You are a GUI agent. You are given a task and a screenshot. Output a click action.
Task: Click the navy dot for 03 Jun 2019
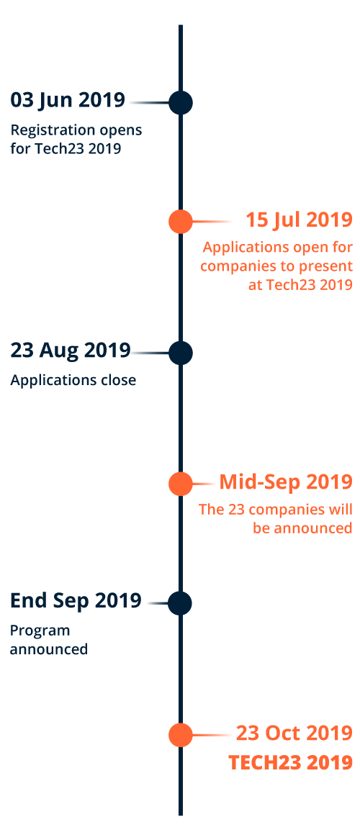pos(181,102)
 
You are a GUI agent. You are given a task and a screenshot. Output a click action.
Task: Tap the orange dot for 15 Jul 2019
pos(181,221)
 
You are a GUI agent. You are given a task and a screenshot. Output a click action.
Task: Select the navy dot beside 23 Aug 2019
pos(181,353)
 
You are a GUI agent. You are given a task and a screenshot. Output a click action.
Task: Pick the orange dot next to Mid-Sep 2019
pos(181,484)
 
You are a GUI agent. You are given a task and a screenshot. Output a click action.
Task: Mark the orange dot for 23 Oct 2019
pos(181,734)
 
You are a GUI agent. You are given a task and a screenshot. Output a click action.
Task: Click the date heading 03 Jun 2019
pos(68,99)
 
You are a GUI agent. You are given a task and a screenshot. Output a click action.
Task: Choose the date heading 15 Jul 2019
pos(299,220)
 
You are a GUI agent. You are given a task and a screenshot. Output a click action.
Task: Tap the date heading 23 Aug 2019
pos(71,351)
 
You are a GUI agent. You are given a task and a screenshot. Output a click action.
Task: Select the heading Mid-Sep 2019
pos(286,482)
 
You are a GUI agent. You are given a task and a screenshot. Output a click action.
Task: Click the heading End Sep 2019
pos(76,601)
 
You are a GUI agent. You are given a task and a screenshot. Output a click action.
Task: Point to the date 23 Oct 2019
pos(294,732)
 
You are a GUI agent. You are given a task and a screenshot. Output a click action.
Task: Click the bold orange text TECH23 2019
pos(290,762)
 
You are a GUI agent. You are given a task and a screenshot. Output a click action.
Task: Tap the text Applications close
pos(73,380)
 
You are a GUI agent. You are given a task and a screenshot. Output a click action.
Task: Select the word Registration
pos(42,131)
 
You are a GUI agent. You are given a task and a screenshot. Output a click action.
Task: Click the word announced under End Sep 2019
pos(49,649)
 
